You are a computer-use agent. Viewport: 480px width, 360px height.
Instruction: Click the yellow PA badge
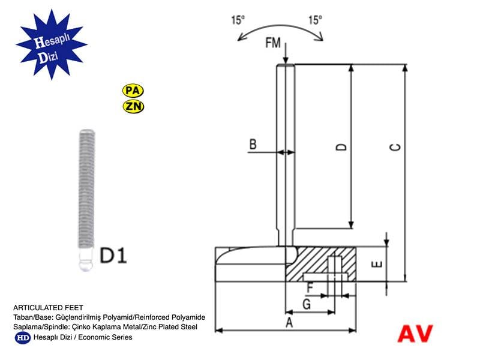pos(133,91)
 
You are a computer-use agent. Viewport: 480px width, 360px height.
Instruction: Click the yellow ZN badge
pos(133,107)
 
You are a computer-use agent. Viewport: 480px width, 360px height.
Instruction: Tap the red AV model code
pos(415,334)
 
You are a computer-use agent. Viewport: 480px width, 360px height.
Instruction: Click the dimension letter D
pos(340,147)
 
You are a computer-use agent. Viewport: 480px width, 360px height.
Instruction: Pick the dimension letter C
pos(395,147)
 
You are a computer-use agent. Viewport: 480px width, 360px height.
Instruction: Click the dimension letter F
pos(310,287)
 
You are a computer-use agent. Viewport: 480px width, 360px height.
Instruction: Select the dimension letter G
pos(306,304)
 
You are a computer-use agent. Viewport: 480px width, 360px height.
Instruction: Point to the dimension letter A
pos(289,323)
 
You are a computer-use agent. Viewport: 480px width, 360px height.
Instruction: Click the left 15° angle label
pos(238,20)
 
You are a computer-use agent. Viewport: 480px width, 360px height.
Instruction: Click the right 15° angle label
pos(316,20)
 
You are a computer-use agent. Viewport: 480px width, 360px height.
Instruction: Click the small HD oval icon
pos(22,337)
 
